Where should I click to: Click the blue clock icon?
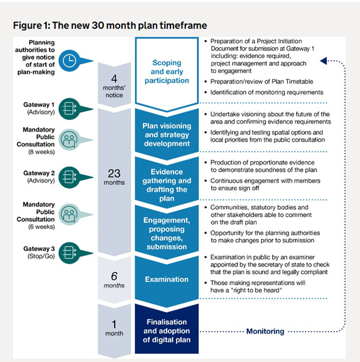pyautogui.click(x=69, y=61)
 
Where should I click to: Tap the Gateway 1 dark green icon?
pyautogui.click(x=69, y=109)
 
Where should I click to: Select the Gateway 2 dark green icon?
pyautogui.click(x=69, y=178)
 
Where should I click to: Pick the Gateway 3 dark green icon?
pyautogui.click(x=69, y=253)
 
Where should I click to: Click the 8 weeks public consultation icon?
pyautogui.click(x=69, y=140)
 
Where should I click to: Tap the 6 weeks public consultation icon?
pyautogui.click(x=69, y=214)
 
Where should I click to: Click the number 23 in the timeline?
pyautogui.click(x=114, y=174)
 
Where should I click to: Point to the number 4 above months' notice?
pyautogui.click(x=114, y=79)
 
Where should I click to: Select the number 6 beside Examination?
pyautogui.click(x=114, y=276)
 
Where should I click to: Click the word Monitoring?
pyautogui.click(x=265, y=331)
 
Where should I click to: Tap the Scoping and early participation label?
pyautogui.click(x=167, y=72)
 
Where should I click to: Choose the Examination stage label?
pyautogui.click(x=167, y=279)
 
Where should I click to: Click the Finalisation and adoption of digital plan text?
pyautogui.click(x=167, y=331)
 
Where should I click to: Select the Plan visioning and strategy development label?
pyautogui.click(x=167, y=135)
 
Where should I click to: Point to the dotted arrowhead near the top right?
pyautogui.click(x=323, y=61)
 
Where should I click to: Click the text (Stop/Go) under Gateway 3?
pyautogui.click(x=41, y=256)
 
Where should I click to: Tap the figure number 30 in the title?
pyautogui.click(x=98, y=25)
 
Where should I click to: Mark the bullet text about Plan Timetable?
pyautogui.click(x=261, y=82)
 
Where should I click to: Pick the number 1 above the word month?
pyautogui.click(x=114, y=324)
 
